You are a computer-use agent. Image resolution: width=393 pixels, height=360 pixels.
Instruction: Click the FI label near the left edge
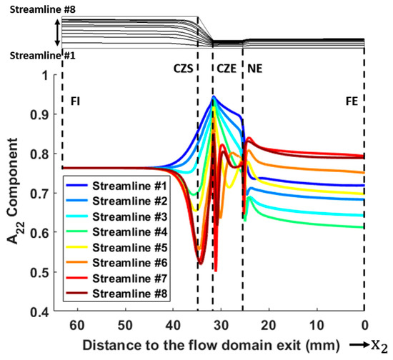pos(75,101)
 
